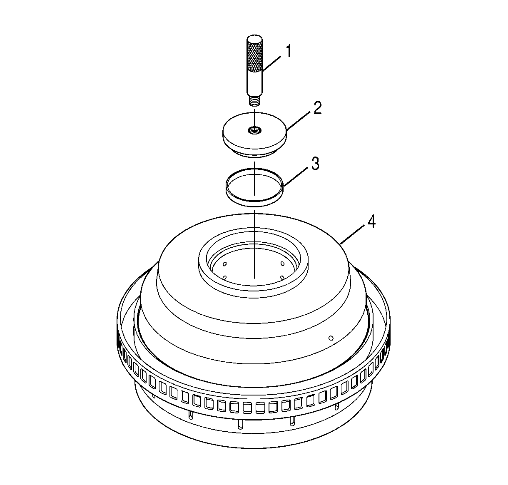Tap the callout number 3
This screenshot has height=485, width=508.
(315, 164)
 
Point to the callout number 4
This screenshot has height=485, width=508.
(371, 222)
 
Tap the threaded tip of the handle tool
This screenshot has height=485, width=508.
(254, 101)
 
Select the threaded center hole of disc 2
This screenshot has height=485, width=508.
(254, 130)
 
